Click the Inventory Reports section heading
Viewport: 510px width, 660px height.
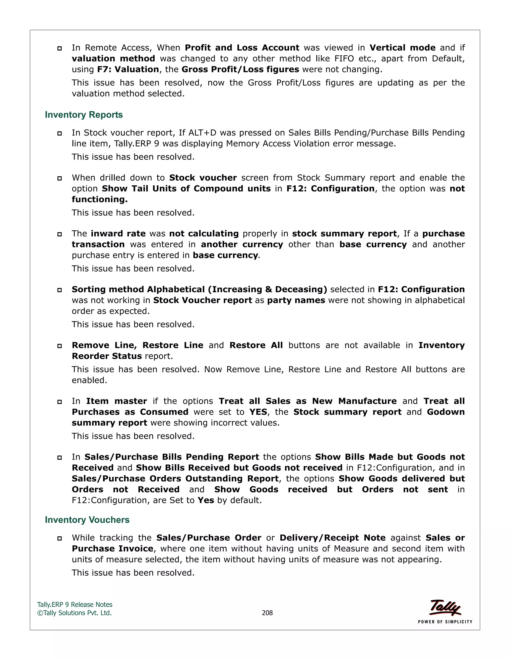pyautogui.click(x=84, y=115)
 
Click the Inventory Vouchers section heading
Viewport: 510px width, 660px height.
pyautogui.click(x=87, y=520)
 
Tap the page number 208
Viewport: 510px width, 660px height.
pyautogui.click(x=267, y=613)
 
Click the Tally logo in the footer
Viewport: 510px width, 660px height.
pyautogui.click(x=445, y=607)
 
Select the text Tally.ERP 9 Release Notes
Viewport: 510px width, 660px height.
pyautogui.click(x=75, y=604)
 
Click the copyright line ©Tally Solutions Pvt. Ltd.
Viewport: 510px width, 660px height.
pyautogui.click(x=74, y=613)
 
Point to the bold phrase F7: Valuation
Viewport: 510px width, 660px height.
pyautogui.click(x=128, y=69)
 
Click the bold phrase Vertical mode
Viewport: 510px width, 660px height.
pyautogui.click(x=402, y=48)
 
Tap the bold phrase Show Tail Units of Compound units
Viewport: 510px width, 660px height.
pyautogui.click(x=186, y=189)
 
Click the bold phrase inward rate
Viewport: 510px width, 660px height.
pyautogui.click(x=118, y=234)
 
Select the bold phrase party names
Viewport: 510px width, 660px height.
pyautogui.click(x=296, y=300)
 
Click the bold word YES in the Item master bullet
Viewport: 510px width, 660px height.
pyautogui.click(x=258, y=412)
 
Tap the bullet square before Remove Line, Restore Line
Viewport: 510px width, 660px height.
pyautogui.click(x=60, y=346)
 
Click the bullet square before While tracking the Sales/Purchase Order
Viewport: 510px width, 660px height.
pyautogui.click(x=60, y=538)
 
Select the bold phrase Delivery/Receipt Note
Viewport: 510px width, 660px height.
pyautogui.click(x=332, y=538)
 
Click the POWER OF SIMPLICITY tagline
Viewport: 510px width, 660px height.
pyautogui.click(x=445, y=622)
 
